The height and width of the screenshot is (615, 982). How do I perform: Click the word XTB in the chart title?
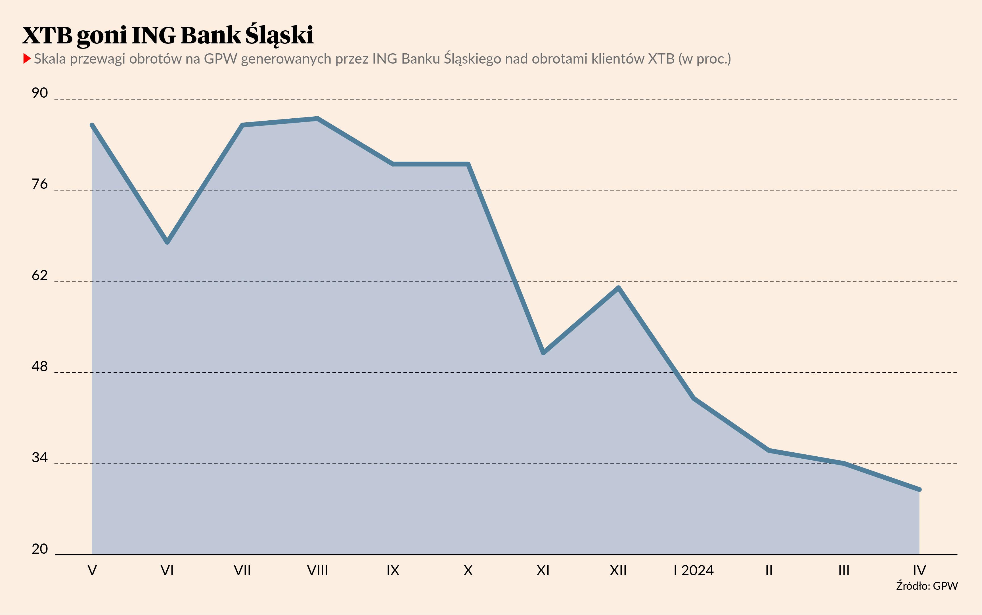47,35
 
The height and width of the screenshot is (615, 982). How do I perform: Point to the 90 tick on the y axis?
40,93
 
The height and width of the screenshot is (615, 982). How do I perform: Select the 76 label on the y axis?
40,184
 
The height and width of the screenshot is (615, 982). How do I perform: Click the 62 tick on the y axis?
40,275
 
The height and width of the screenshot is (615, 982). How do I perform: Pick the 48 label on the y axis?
40,366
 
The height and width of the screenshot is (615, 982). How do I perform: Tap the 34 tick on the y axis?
40,457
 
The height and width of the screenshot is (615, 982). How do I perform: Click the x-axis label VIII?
317,571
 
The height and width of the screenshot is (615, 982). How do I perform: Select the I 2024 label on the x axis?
694,571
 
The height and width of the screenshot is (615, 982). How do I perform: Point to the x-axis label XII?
618,571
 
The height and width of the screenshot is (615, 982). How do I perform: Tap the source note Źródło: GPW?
927,586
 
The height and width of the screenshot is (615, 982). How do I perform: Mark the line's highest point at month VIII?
317,119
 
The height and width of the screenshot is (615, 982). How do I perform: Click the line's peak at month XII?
618,288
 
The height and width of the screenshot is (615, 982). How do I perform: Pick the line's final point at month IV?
919,489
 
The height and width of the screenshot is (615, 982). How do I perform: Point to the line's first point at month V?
92,125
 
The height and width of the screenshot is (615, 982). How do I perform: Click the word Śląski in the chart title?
279,35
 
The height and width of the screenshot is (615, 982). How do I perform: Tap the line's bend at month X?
468,164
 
